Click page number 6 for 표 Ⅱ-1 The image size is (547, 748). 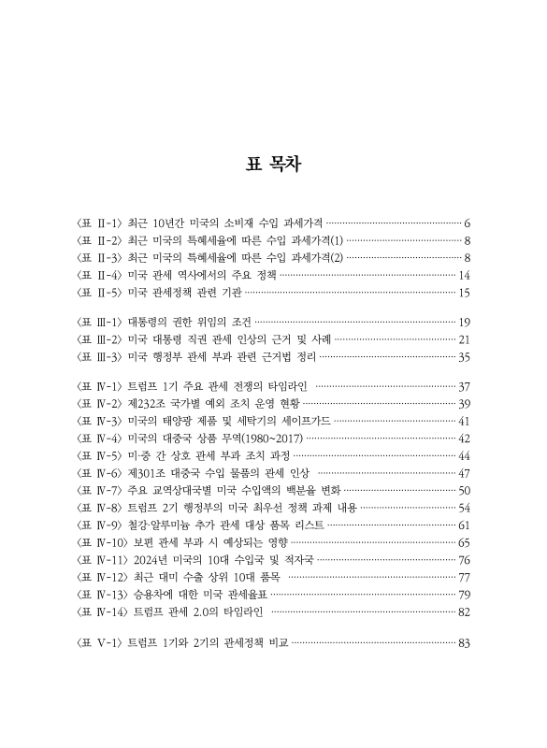pyautogui.click(x=466, y=224)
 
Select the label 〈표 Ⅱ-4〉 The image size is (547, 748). pyautogui.click(x=96, y=275)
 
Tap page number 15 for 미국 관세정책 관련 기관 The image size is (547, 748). pyautogui.click(x=464, y=293)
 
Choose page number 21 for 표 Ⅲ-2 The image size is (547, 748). pyautogui.click(x=464, y=338)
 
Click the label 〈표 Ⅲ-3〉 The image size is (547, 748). pyautogui.click(x=96, y=356)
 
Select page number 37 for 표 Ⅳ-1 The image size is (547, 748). pyautogui.click(x=464, y=385)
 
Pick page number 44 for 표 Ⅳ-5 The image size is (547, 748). pyautogui.click(x=464, y=455)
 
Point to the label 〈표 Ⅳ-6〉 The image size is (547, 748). pyautogui.click(x=96, y=473)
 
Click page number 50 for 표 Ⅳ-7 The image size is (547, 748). pyautogui.click(x=464, y=490)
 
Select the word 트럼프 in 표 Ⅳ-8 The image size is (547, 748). pyautogui.click(x=145, y=508)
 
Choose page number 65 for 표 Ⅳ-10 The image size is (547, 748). pyautogui.click(x=464, y=542)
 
